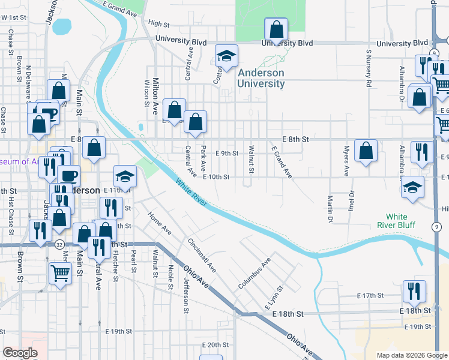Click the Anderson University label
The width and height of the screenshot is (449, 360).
click(x=261, y=79)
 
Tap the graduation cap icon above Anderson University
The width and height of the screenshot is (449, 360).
click(x=226, y=56)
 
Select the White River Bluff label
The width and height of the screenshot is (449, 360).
click(x=396, y=221)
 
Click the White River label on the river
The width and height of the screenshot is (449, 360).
click(x=191, y=193)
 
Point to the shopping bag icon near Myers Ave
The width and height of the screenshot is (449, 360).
click(x=366, y=151)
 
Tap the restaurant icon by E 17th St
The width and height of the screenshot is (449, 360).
click(x=414, y=292)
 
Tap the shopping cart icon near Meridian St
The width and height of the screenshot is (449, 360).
click(x=61, y=274)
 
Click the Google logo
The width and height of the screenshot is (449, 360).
click(x=20, y=353)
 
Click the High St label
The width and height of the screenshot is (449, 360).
click(x=159, y=23)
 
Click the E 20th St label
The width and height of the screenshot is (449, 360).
click(x=215, y=344)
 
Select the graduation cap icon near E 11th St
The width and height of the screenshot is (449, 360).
click(x=125, y=176)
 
